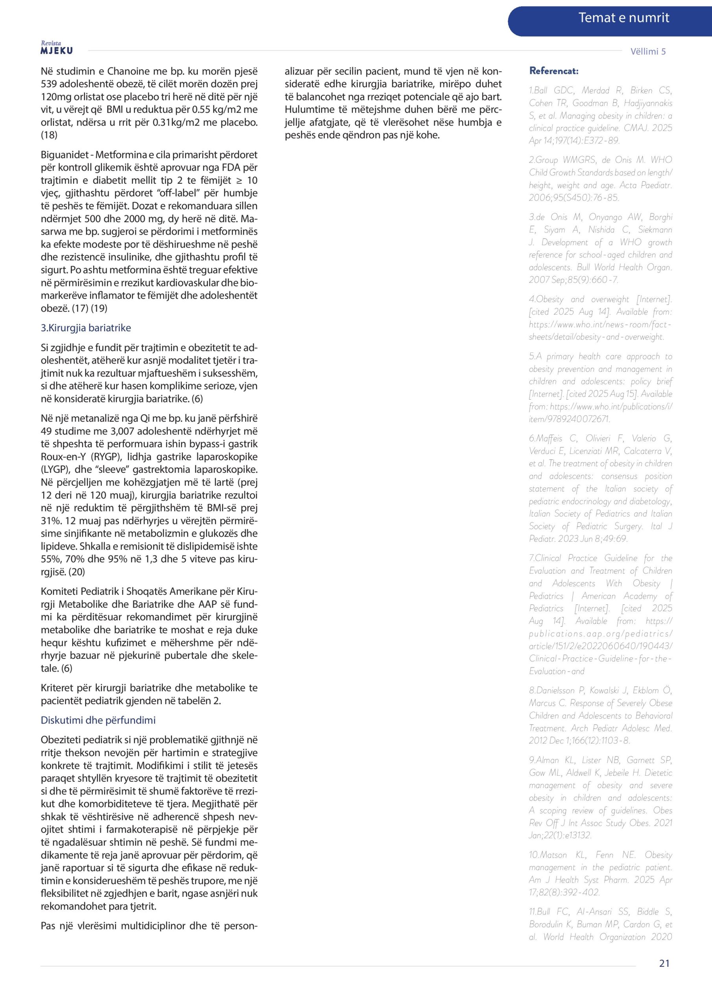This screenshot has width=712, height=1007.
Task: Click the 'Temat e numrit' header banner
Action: tap(623, 18)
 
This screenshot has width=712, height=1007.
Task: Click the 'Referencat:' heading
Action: tap(553, 71)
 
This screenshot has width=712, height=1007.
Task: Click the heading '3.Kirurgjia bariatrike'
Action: tap(86, 328)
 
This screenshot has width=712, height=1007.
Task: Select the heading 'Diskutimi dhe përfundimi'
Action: tap(98, 720)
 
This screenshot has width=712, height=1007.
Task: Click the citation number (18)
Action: tap(49, 135)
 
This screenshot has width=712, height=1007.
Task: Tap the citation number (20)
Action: tap(77, 572)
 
